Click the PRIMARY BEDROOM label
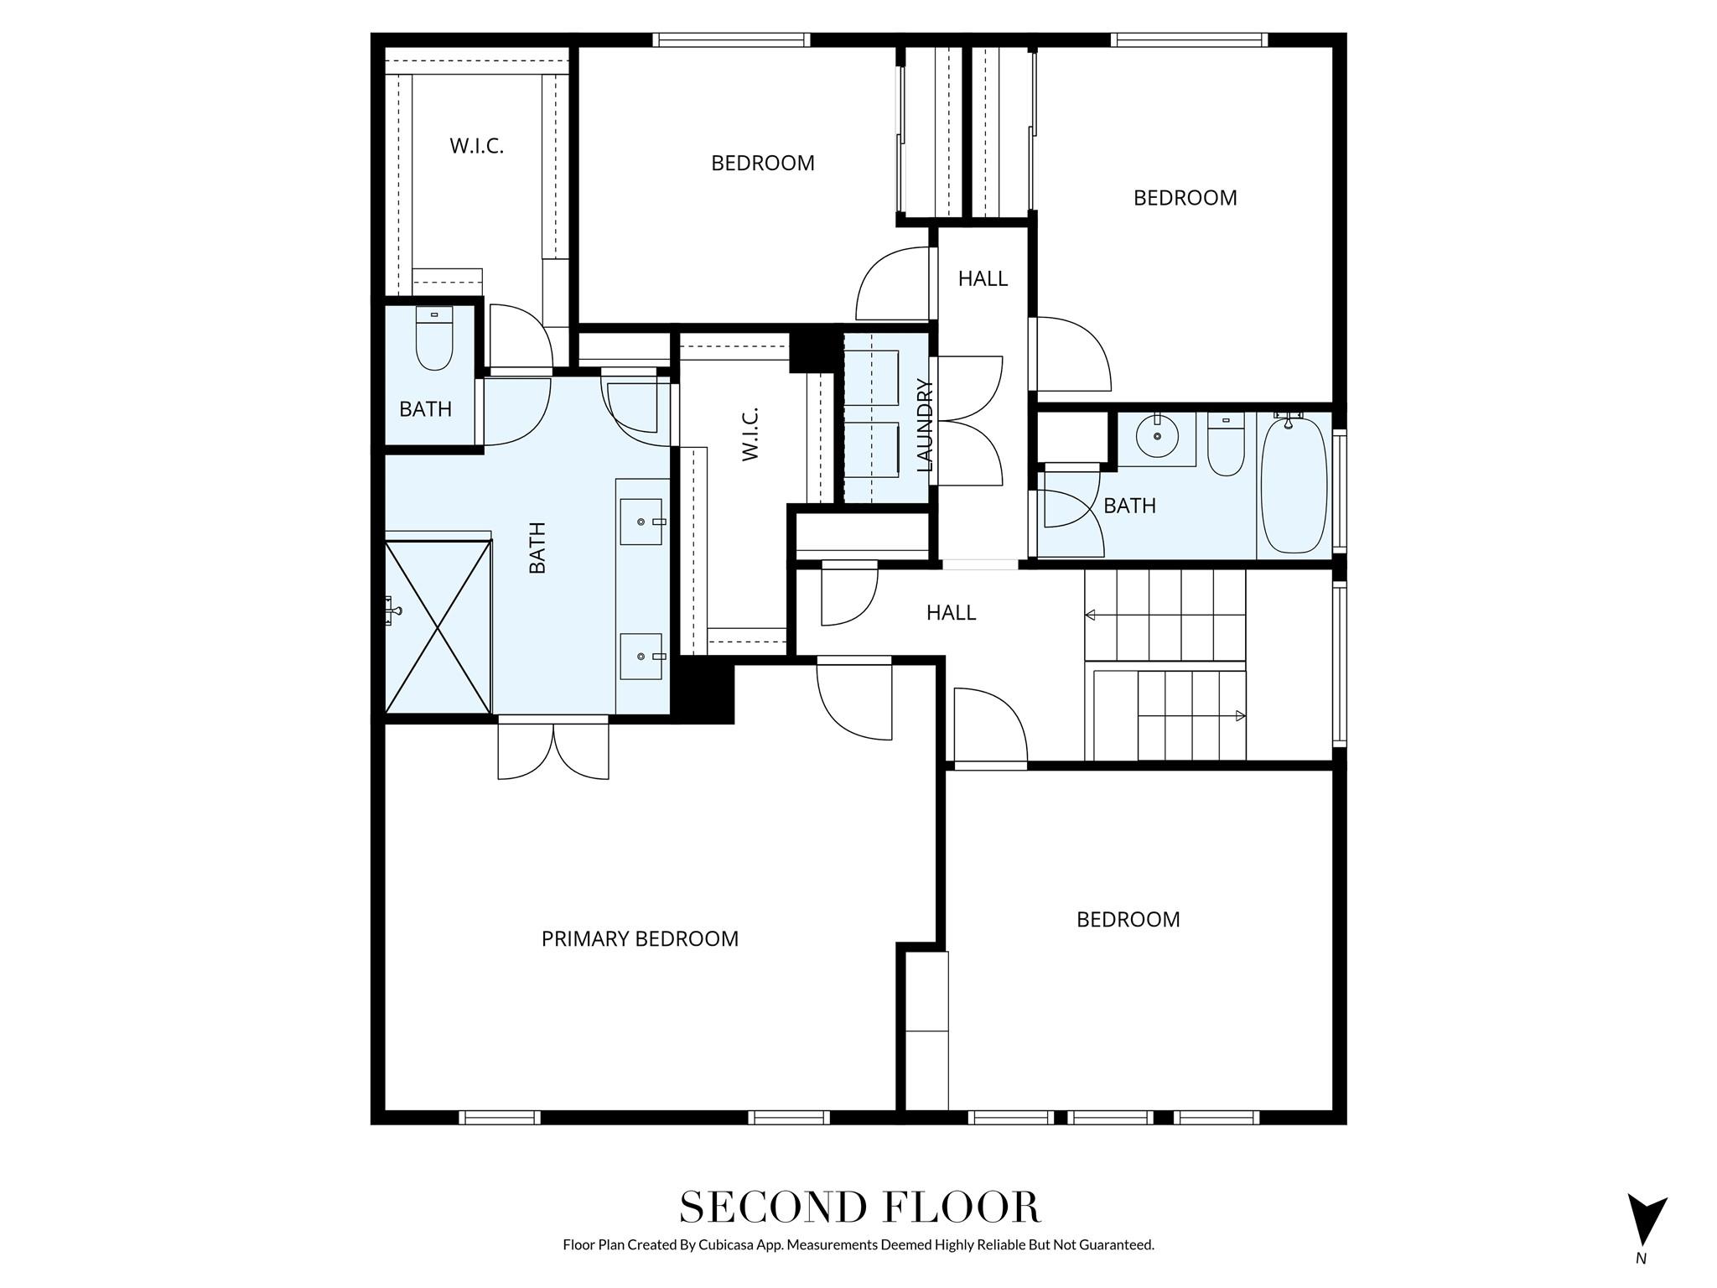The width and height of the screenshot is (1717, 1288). click(640, 938)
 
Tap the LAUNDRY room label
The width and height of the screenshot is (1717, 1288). click(925, 425)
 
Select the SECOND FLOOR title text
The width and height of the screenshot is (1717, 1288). click(859, 1207)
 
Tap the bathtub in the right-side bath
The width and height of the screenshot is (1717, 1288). click(1294, 486)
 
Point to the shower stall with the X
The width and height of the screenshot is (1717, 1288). click(437, 626)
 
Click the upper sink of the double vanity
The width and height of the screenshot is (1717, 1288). click(642, 522)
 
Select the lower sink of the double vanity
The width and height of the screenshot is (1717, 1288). click(642, 657)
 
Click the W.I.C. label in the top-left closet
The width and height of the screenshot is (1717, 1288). click(476, 146)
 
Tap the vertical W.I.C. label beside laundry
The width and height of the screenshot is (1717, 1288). click(750, 434)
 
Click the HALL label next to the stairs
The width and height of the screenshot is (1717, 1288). click(951, 613)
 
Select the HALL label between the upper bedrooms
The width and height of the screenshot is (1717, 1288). click(983, 278)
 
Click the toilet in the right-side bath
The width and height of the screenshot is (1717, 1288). click(1226, 446)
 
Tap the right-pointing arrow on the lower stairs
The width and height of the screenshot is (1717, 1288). click(1240, 716)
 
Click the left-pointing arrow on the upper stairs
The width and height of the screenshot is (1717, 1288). click(1091, 615)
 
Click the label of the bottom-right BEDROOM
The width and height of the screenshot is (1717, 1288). click(1128, 920)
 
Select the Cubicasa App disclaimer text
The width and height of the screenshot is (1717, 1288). click(858, 1244)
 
